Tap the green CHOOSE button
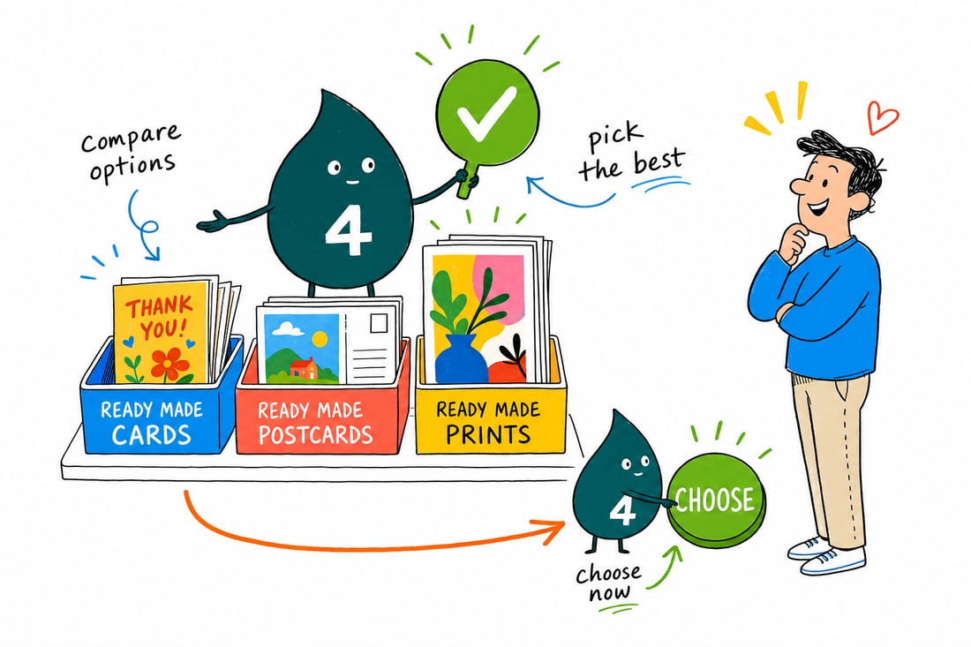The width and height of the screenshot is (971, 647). tap(716, 500)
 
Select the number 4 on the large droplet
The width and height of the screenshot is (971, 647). tap(348, 230)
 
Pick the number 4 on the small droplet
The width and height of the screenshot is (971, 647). tap(623, 511)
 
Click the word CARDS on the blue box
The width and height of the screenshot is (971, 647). tap(152, 434)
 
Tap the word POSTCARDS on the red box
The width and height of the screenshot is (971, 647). tap(315, 434)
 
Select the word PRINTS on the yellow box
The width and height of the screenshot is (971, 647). tap(488, 434)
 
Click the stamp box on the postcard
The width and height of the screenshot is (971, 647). tap(379, 322)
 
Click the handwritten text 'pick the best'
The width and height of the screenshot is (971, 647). tap(632, 152)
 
